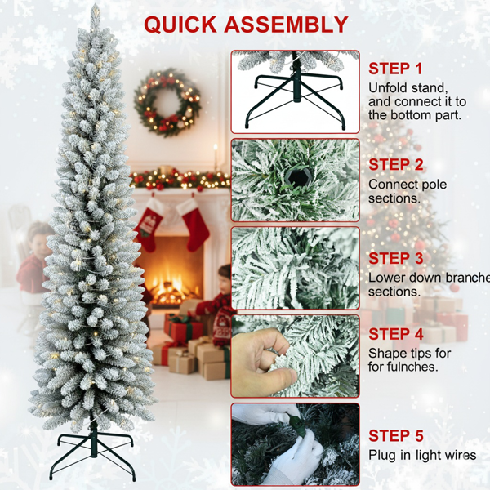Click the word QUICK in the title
[180, 24]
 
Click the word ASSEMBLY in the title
[286, 24]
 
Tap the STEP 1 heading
[395, 69]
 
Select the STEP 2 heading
[396, 165]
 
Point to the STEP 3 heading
[396, 258]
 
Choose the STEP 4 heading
[396, 334]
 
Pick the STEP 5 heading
[396, 435]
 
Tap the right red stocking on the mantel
[194, 224]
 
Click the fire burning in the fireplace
[171, 287]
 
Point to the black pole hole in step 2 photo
[298, 177]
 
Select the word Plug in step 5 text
[382, 456]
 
